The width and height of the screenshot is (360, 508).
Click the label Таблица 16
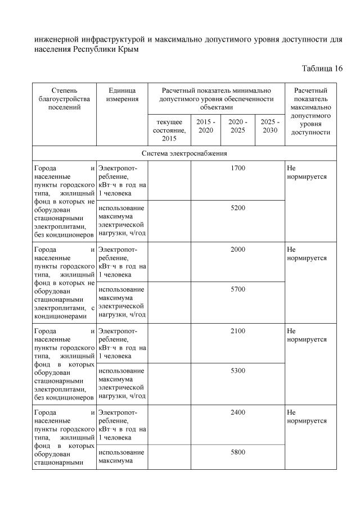[322, 69]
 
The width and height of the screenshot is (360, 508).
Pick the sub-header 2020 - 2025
[237, 126]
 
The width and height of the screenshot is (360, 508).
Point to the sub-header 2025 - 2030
[269, 126]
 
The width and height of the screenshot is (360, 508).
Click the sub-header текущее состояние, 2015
[169, 130]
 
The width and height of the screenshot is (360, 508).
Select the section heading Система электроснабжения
[184, 153]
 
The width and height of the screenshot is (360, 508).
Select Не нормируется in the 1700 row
[307, 172]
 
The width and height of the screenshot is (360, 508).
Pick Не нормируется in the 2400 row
[307, 416]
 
